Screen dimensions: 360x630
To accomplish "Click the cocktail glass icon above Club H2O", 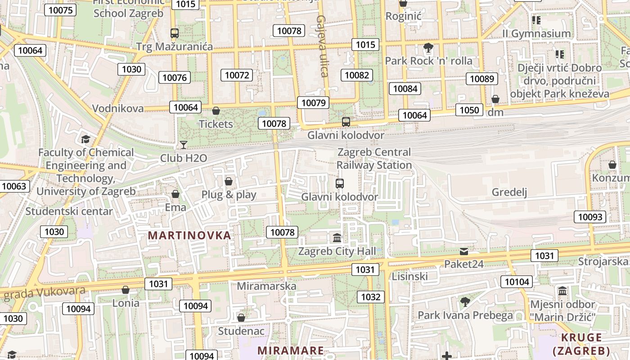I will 184,144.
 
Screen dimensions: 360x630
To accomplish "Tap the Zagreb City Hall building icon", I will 337,238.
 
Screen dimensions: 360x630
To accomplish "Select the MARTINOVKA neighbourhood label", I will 189,235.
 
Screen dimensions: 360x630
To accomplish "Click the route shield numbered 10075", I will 61,10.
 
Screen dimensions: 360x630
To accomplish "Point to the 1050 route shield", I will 469,110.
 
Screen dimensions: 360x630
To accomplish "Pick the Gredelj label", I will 509,192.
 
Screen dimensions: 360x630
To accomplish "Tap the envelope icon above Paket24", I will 464,251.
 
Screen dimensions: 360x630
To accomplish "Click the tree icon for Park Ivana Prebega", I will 465,301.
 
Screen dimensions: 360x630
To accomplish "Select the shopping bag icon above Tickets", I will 216,111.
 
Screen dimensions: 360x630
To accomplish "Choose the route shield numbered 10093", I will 590,217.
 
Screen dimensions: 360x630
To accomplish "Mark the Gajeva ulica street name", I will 323,46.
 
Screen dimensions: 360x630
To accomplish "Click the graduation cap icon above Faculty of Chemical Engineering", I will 85,139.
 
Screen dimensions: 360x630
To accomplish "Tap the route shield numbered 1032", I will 371,297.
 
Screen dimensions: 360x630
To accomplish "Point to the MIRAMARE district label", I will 290,351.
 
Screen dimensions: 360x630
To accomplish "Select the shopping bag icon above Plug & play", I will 229,181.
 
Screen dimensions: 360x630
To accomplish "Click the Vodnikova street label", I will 118,108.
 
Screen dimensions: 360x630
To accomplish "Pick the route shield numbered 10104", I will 517,282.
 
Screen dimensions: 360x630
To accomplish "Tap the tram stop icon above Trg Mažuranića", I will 175,33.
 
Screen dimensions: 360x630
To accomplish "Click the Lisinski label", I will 409,276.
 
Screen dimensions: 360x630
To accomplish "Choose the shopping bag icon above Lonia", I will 126,290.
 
